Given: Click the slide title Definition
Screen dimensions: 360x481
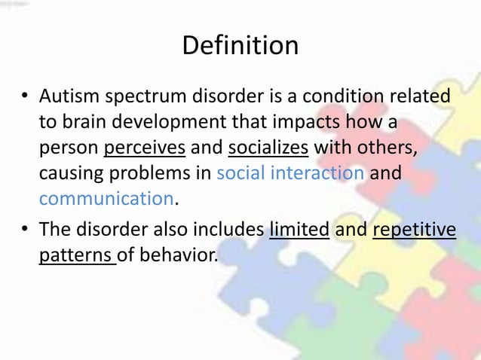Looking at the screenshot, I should coord(240,45).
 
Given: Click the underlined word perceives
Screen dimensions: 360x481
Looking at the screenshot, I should coord(145,148).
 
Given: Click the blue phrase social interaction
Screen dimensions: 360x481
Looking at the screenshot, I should coord(290,173).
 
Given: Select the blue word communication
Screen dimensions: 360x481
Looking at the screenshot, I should coord(106,199).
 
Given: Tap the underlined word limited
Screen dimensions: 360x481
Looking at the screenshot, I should coord(299,229).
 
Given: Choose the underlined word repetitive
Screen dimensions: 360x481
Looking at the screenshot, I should coord(414,229).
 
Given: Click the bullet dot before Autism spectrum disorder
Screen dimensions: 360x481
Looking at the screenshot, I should coord(25,97).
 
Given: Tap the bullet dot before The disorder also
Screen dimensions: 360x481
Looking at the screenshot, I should coord(25,230).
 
